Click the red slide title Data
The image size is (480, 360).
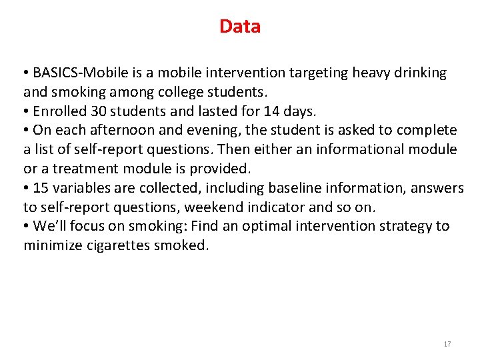[x=240, y=27]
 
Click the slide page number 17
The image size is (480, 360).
[x=447, y=344]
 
